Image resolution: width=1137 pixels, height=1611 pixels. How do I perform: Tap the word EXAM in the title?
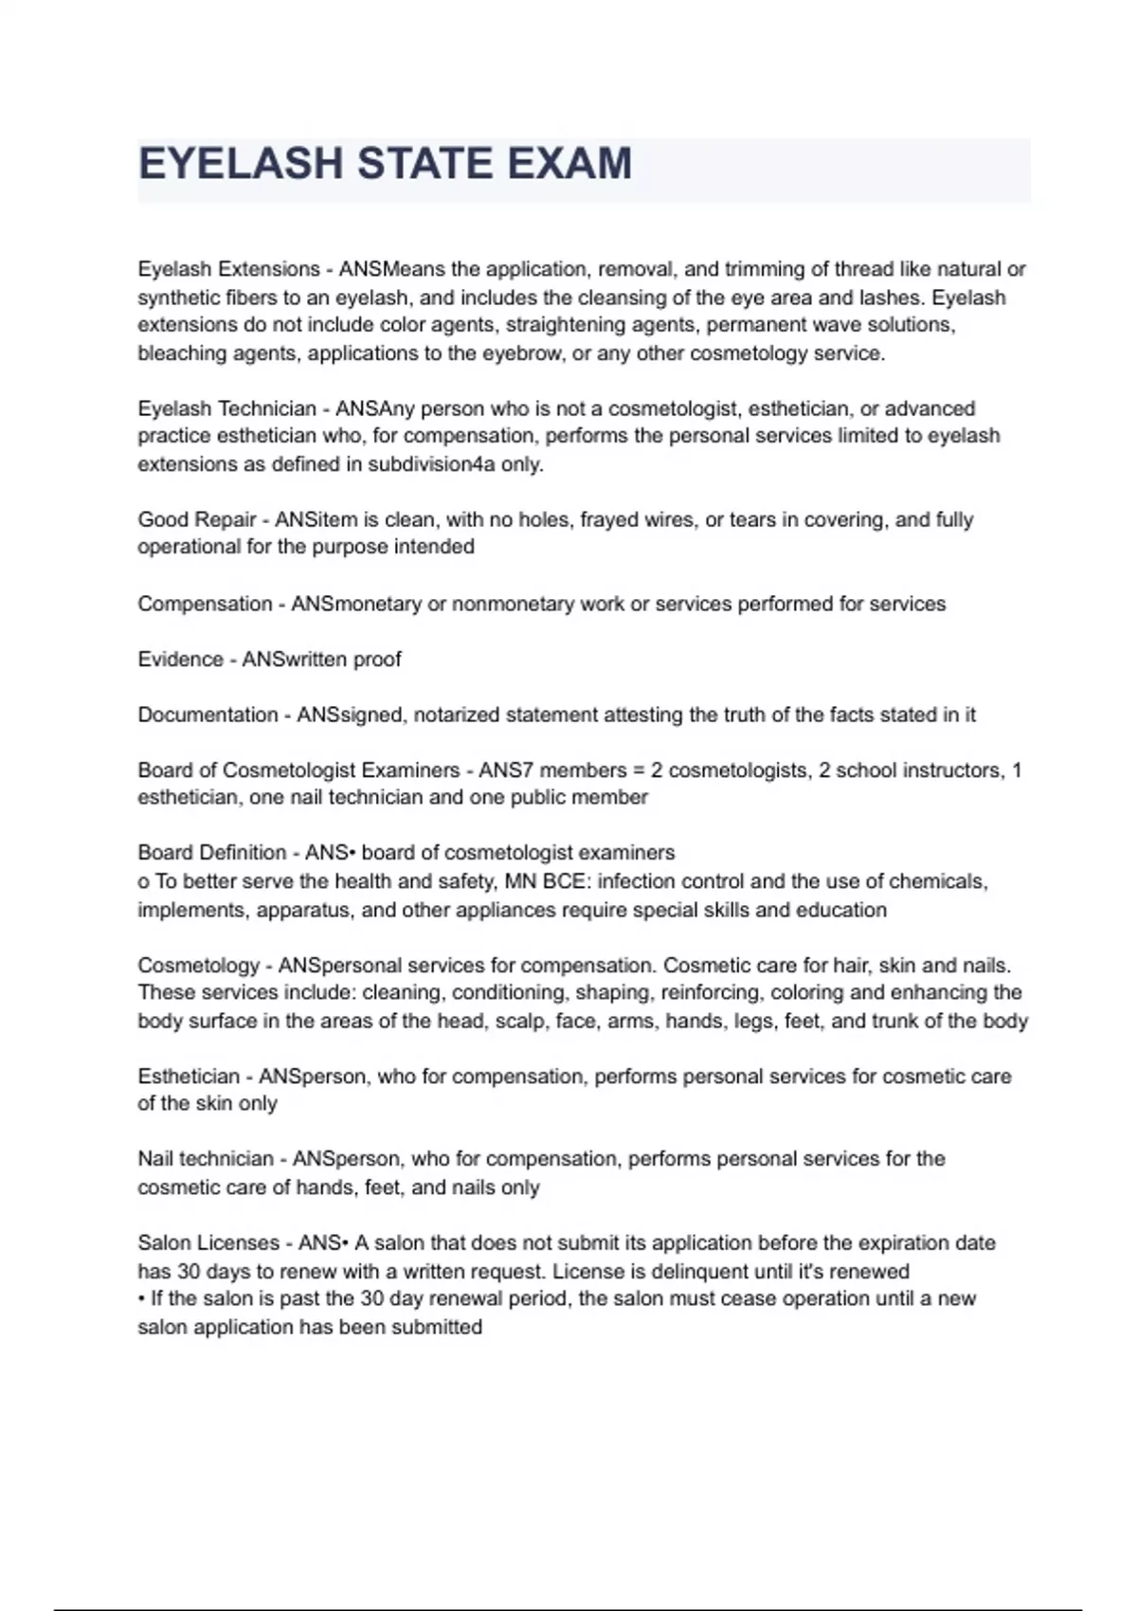pyautogui.click(x=568, y=164)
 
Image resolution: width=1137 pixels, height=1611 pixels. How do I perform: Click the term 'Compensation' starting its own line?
pyautogui.click(x=204, y=604)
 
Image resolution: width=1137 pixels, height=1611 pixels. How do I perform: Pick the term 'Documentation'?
pyautogui.click(x=208, y=715)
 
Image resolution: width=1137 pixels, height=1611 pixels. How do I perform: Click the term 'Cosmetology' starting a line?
pyautogui.click(x=198, y=966)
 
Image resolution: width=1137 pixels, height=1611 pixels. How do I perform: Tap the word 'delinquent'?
pyautogui.click(x=729, y=1271)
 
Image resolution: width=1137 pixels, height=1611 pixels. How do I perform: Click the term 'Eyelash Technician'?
pyautogui.click(x=226, y=408)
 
